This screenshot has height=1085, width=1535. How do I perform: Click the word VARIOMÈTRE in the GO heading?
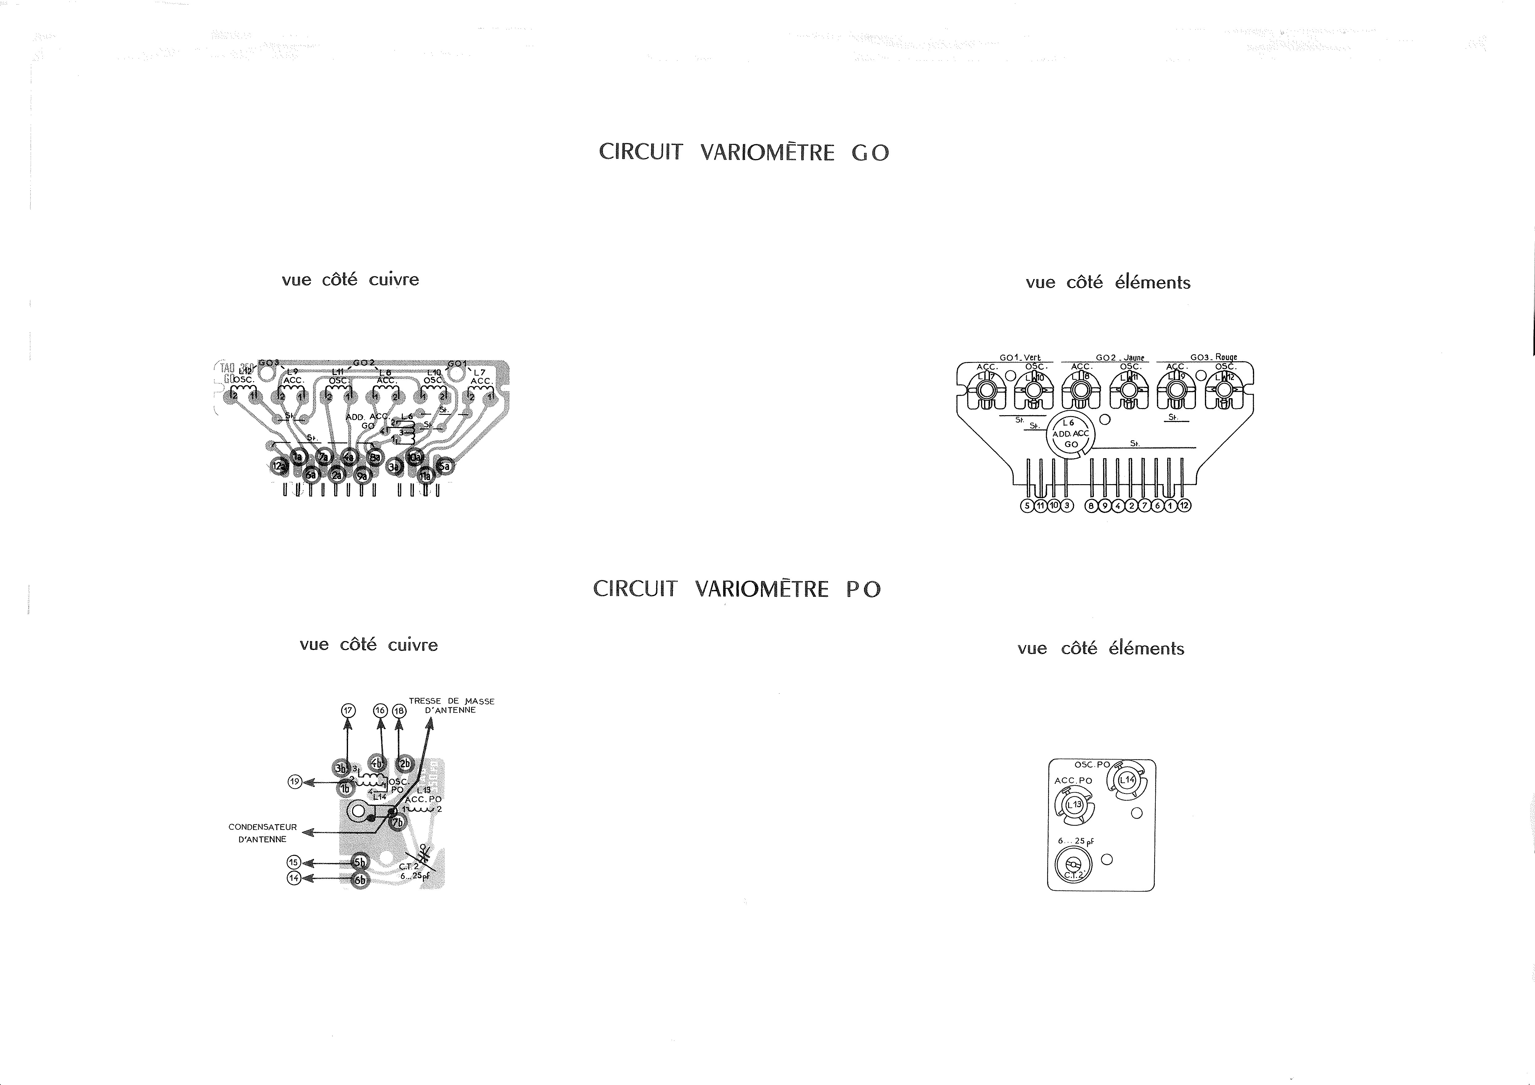pyautogui.click(x=767, y=153)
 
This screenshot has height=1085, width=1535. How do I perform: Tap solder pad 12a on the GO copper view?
pyautogui.click(x=279, y=466)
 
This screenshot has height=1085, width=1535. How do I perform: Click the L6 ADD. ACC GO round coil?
pyautogui.click(x=1070, y=434)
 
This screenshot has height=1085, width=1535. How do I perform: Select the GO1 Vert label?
pyautogui.click(x=1020, y=358)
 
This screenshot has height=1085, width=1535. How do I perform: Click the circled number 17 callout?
pyautogui.click(x=348, y=710)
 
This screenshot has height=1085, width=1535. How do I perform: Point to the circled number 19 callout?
pyautogui.click(x=294, y=781)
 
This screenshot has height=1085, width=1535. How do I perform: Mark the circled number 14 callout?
pyautogui.click(x=294, y=878)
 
